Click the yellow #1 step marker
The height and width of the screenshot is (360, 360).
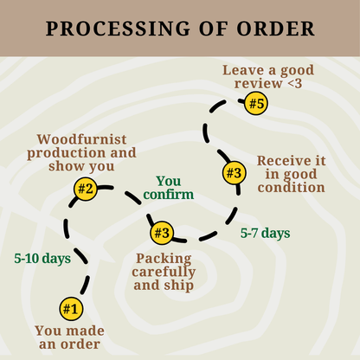click(x=71, y=309)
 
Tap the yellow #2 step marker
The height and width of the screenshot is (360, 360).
click(x=86, y=189)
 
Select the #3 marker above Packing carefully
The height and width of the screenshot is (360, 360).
click(x=162, y=233)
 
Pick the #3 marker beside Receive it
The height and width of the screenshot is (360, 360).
click(x=235, y=173)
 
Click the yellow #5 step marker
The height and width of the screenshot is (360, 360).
click(x=256, y=103)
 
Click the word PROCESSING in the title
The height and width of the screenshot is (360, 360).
click(x=118, y=29)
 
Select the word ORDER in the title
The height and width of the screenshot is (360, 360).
click(x=275, y=29)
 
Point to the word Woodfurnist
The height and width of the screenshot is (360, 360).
click(x=81, y=139)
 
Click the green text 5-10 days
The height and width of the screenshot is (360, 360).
click(x=42, y=259)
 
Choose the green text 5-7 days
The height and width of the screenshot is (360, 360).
click(x=266, y=233)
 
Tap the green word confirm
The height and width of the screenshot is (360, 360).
click(x=169, y=195)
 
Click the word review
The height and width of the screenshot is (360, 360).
click(x=258, y=84)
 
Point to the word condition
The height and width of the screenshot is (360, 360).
click(x=292, y=188)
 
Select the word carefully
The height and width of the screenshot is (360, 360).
click(x=164, y=272)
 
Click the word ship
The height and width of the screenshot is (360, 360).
click(x=179, y=286)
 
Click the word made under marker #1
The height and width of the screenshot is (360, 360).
click(x=86, y=331)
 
